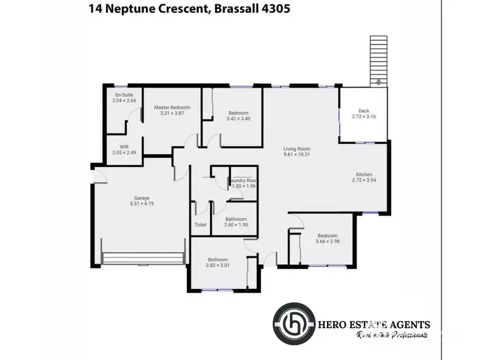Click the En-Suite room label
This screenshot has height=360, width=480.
click(x=124, y=94)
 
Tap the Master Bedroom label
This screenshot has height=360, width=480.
click(x=172, y=107)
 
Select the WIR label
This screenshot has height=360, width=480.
click(x=124, y=146)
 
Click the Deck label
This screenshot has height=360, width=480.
click(x=364, y=111)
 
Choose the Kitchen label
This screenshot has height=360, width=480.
click(x=364, y=175)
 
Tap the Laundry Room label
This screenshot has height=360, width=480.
click(x=243, y=180)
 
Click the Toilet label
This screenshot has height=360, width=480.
click(x=200, y=225)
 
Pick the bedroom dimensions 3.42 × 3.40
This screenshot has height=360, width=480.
click(x=238, y=118)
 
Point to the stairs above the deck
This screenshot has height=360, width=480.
click(x=379, y=59)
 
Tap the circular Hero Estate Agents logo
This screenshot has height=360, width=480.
click(x=294, y=325)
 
